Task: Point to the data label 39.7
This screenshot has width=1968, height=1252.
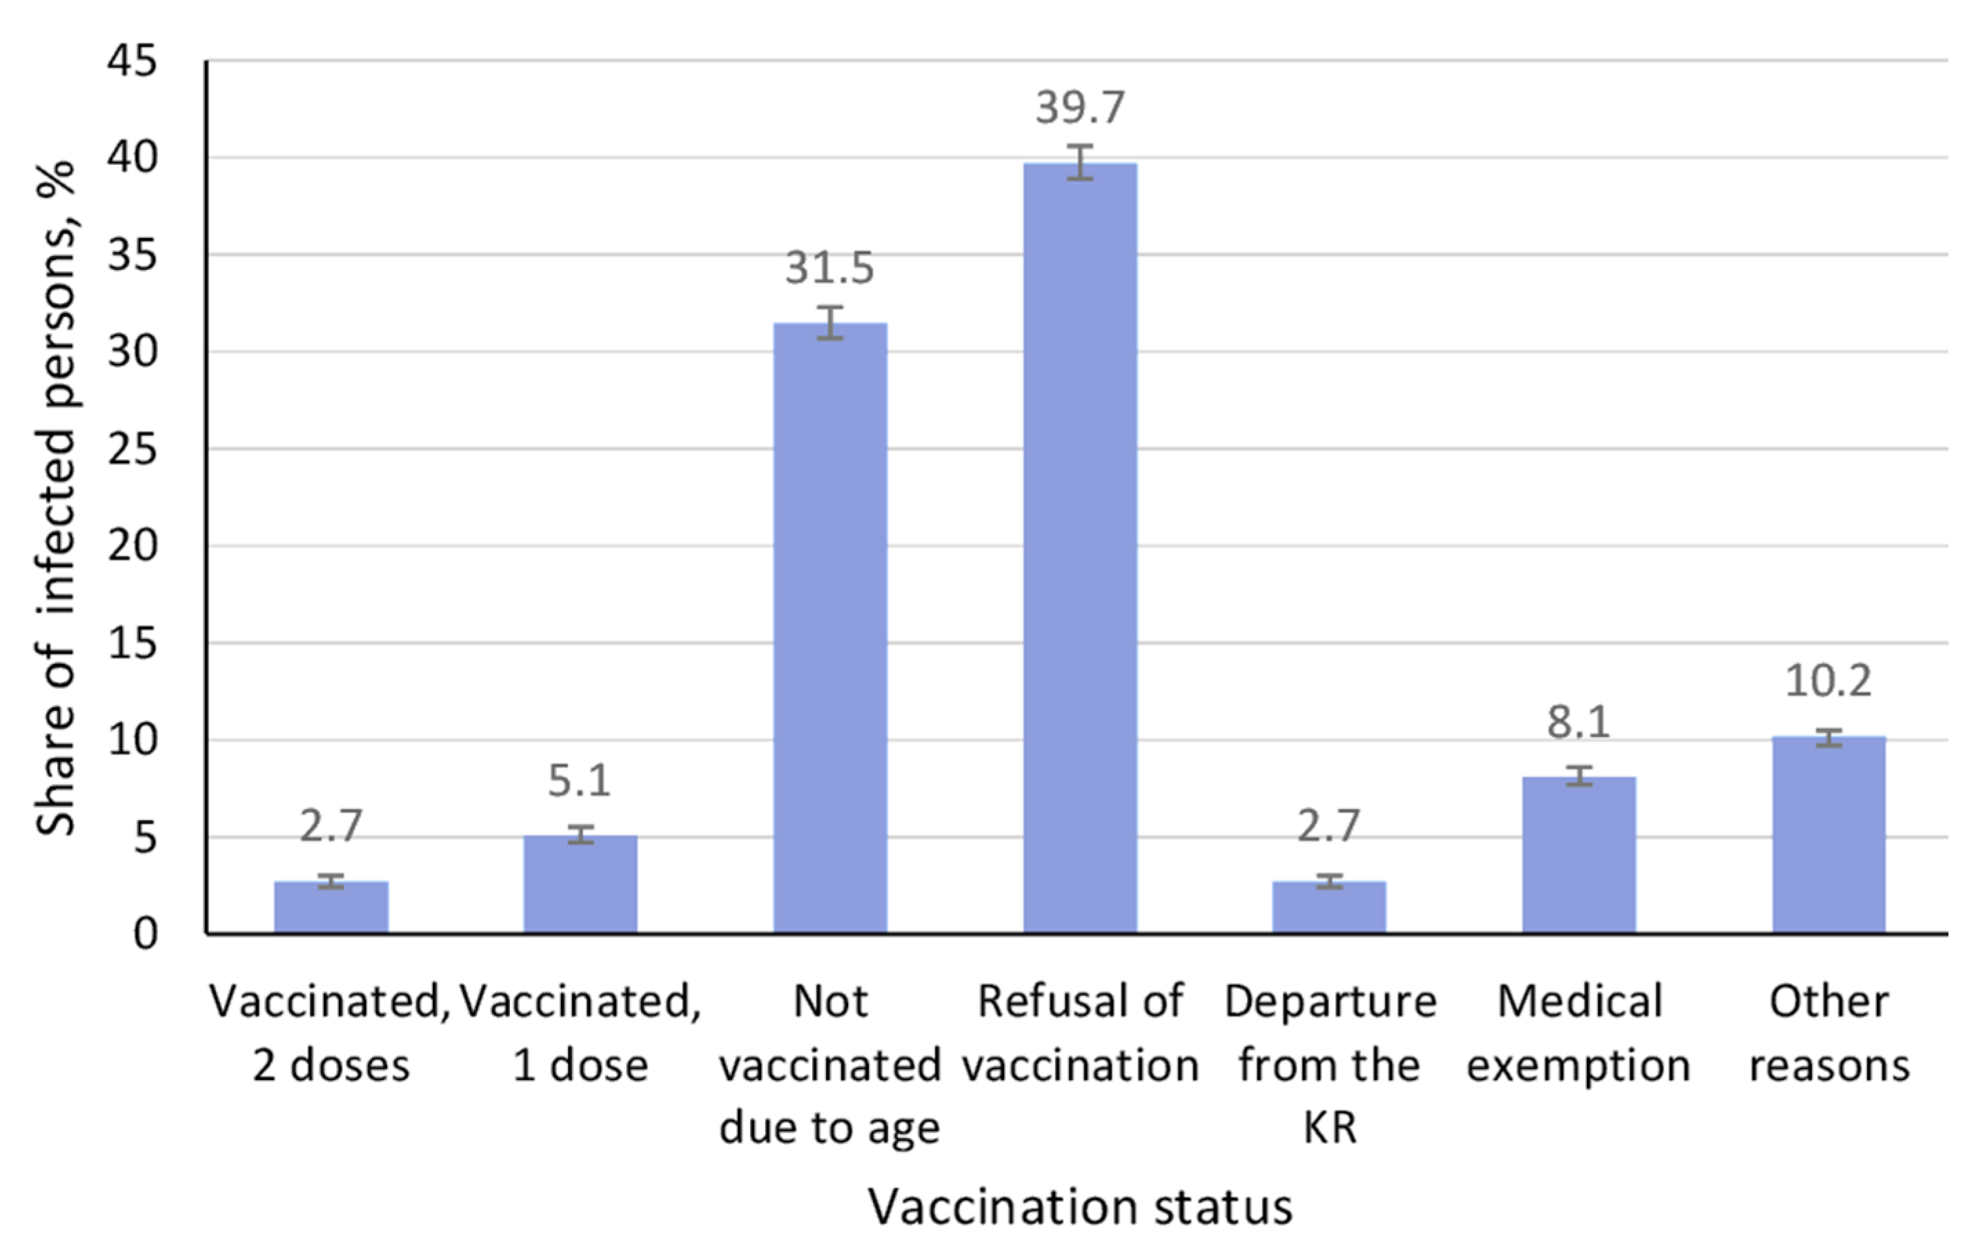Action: tap(1080, 108)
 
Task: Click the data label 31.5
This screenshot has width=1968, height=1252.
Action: tap(829, 268)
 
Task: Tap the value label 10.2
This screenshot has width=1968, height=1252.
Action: tap(1827, 681)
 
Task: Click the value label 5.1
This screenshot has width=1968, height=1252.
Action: tap(580, 781)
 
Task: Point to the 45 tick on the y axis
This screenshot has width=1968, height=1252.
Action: tap(132, 61)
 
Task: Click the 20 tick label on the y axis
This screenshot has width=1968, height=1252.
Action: tap(132, 546)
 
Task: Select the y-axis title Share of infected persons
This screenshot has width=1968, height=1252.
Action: tap(56, 498)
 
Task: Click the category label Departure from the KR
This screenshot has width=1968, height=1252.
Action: tap(1330, 1065)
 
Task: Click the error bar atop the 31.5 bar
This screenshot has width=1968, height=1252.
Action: tap(830, 322)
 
